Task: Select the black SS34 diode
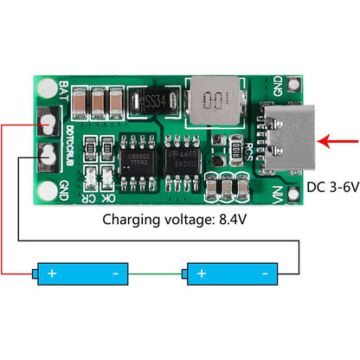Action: (156, 103)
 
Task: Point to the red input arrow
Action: (338, 138)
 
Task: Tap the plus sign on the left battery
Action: (52, 273)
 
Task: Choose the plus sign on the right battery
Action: (202, 273)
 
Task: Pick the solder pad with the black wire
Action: (47, 156)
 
